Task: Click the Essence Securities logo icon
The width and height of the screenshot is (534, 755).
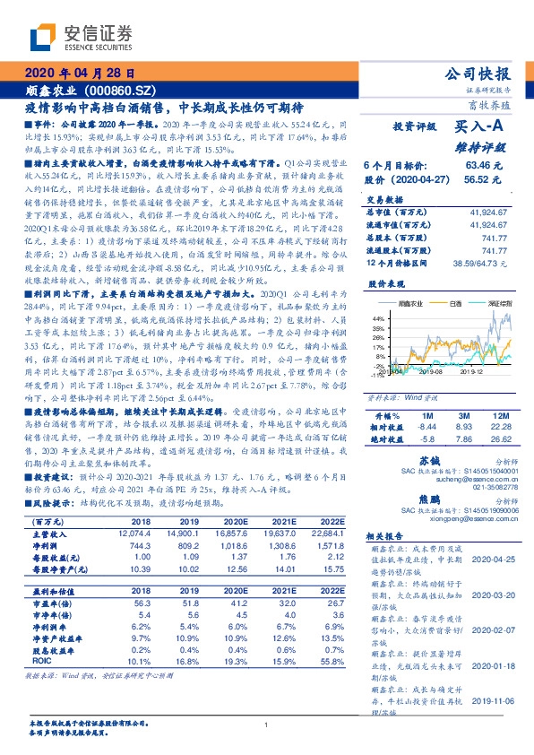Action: pos(43,35)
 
